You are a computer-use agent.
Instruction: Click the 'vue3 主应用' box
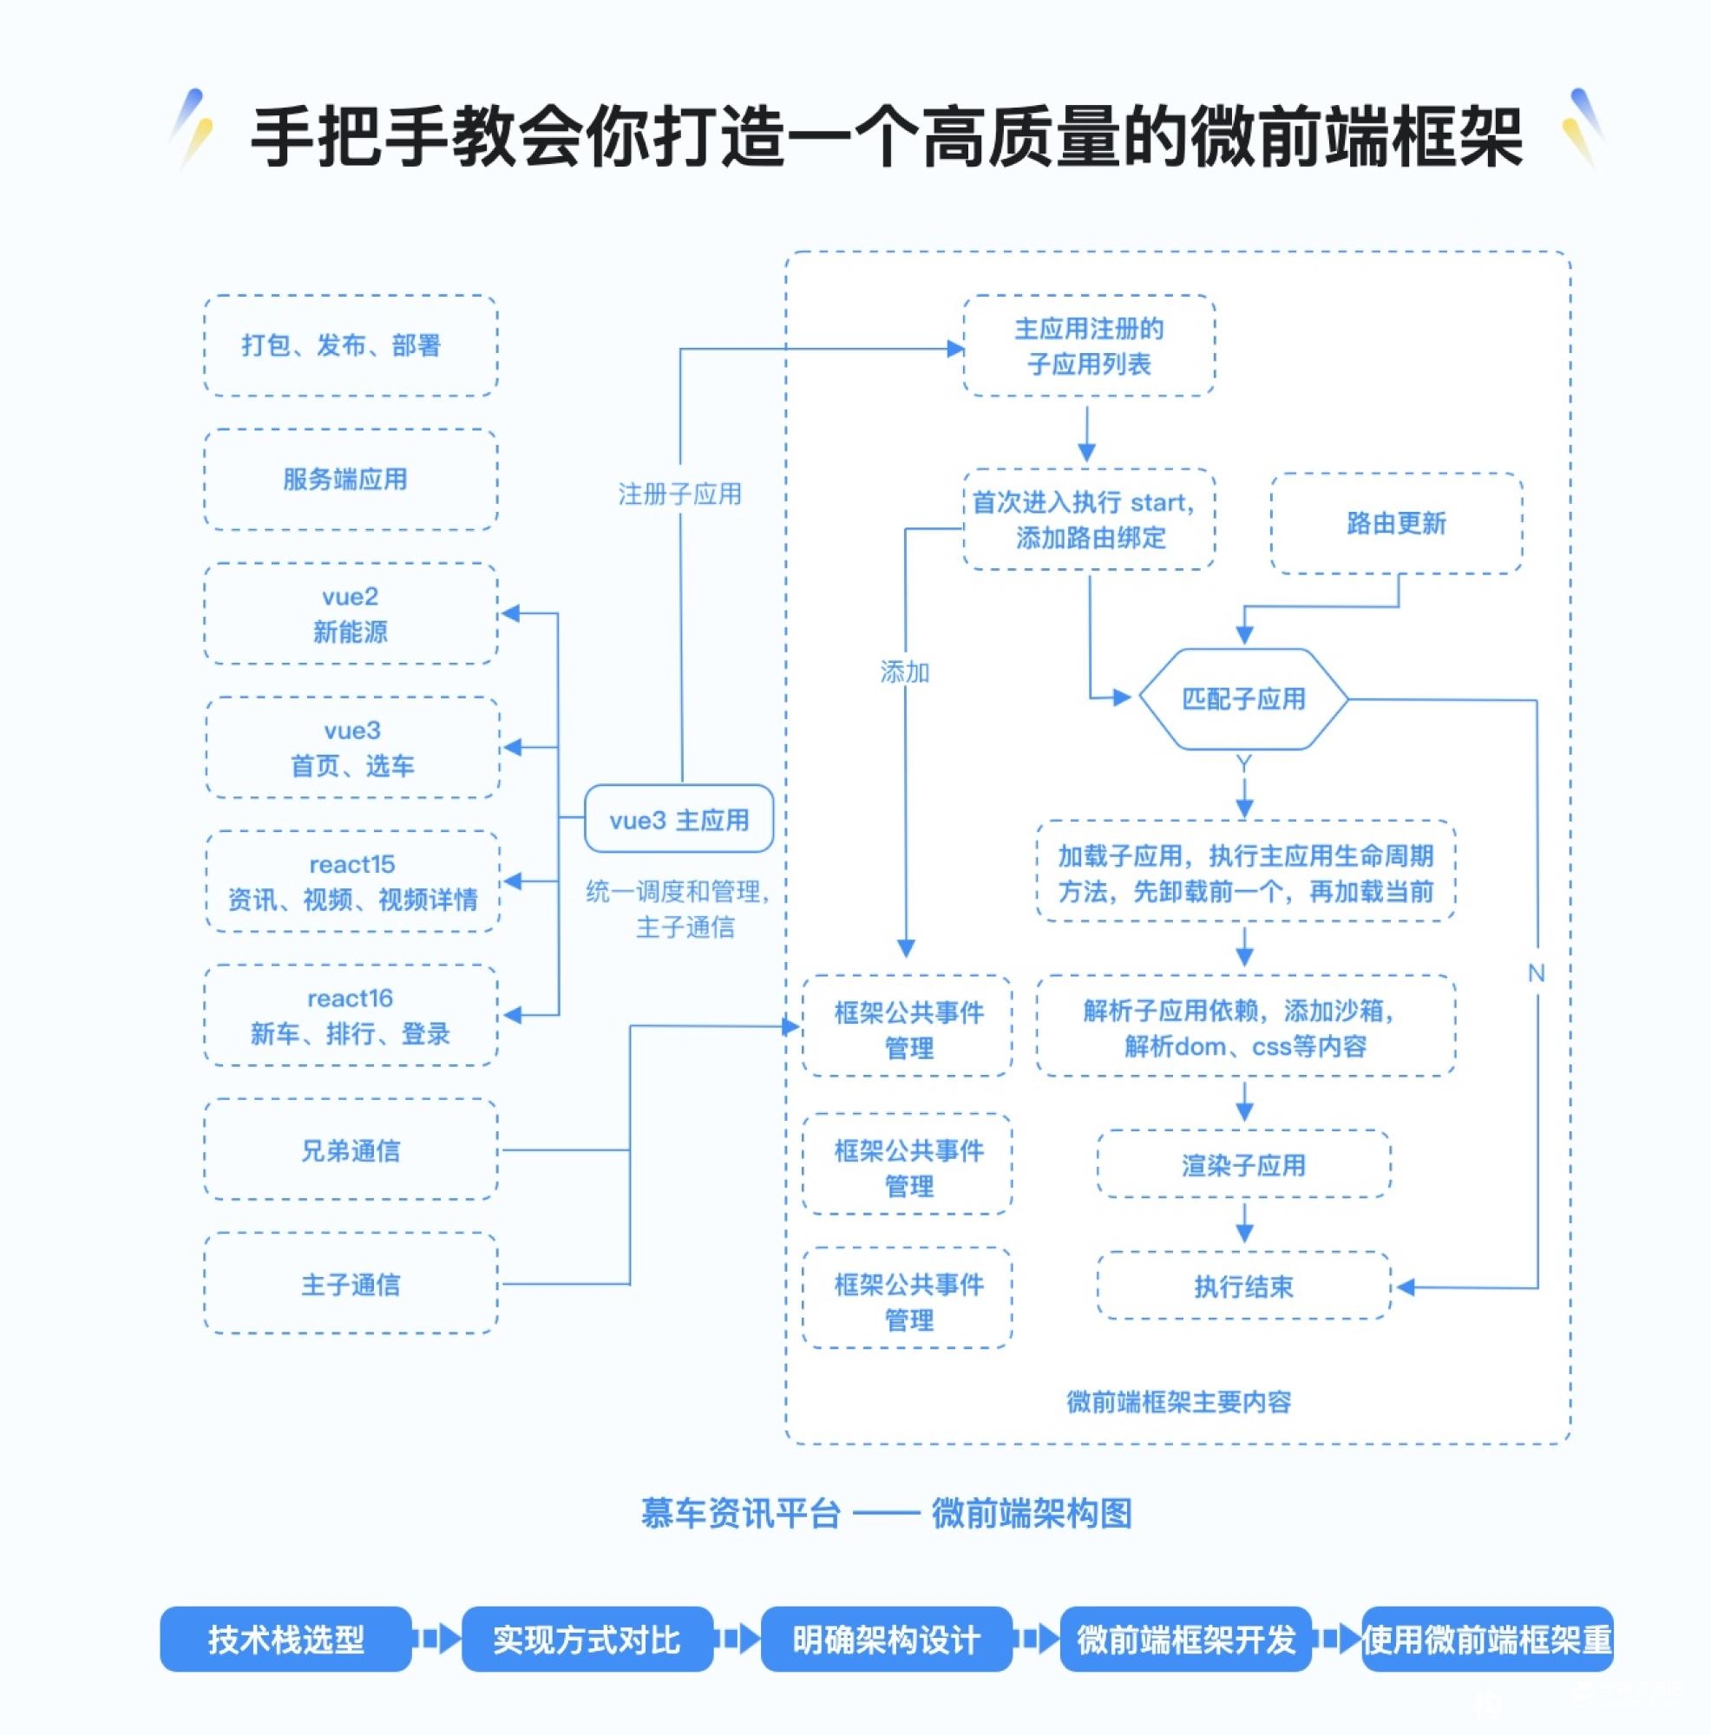coord(678,819)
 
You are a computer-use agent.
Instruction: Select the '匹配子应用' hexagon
coord(1243,698)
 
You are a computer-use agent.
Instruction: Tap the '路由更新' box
coord(1396,522)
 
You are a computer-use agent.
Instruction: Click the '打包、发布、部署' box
coord(351,346)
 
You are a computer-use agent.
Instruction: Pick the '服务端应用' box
coord(351,480)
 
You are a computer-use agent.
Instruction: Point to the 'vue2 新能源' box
coord(351,614)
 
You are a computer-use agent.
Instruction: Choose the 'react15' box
coord(352,881)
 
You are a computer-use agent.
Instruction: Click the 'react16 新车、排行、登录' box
coord(351,1016)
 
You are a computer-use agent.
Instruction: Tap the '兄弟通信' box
coord(351,1150)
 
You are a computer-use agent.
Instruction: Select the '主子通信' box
coord(351,1284)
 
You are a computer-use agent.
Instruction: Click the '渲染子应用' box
coord(1243,1165)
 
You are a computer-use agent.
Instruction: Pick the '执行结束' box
coord(1243,1286)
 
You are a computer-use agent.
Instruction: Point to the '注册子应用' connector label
coord(680,494)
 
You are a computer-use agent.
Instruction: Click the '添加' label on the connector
coord(904,671)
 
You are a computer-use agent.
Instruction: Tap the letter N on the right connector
coord(1536,972)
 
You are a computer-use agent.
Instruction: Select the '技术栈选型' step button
coord(285,1639)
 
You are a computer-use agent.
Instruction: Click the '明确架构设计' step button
coord(886,1639)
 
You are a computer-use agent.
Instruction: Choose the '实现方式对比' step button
coord(587,1639)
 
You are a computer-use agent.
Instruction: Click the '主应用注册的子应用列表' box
coord(1089,347)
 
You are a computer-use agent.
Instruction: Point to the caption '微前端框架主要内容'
coord(1178,1401)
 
